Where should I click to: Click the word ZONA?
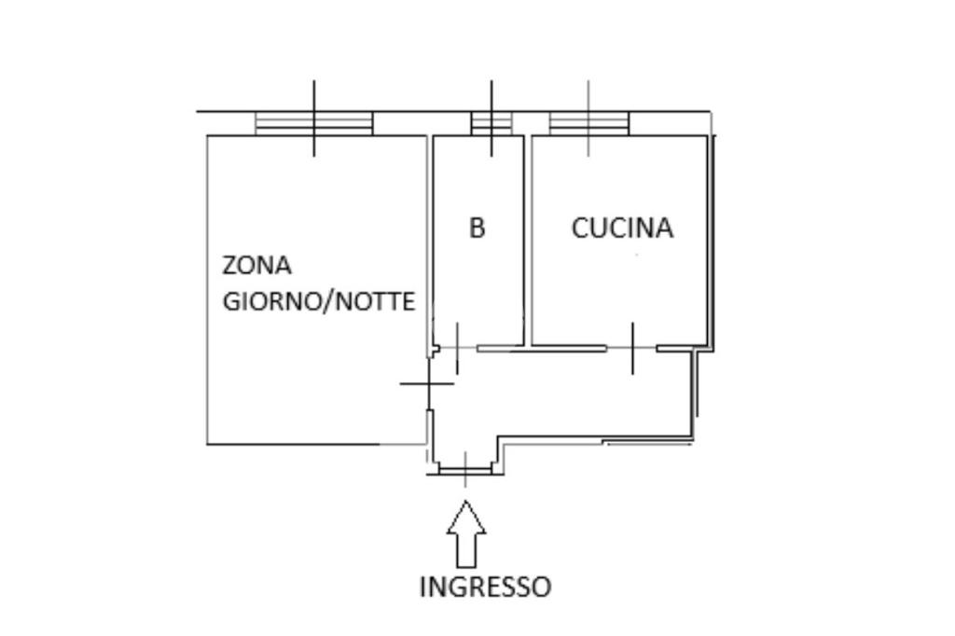tap(256, 266)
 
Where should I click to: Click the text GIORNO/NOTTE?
tap(318, 302)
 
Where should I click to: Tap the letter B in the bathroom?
tap(477, 228)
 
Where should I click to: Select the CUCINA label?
tap(622, 228)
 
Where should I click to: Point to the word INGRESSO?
tap(485, 587)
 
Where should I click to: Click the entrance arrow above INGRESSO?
tap(466, 533)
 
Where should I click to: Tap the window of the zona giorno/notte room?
tap(313, 123)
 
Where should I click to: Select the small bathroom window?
tap(491, 123)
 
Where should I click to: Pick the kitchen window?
tap(588, 123)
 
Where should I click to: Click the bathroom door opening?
tap(457, 348)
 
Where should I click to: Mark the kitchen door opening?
tap(632, 348)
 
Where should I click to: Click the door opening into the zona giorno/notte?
tap(428, 383)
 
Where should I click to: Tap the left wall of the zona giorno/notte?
tap(206, 289)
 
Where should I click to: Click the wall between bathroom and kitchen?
tap(527, 238)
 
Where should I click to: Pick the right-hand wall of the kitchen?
tap(712, 242)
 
